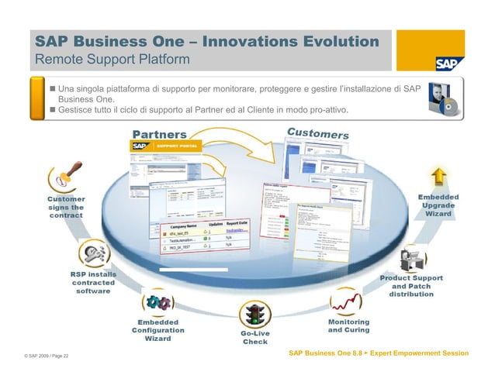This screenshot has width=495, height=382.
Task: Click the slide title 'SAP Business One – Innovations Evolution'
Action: point(206,41)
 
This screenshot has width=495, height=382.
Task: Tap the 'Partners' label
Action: point(160,134)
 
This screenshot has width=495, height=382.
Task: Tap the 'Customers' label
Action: point(317,133)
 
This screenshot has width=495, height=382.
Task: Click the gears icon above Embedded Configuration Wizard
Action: point(157,302)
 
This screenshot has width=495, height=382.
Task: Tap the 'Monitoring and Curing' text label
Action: point(348,325)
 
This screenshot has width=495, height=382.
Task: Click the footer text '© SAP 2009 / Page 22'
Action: point(47,356)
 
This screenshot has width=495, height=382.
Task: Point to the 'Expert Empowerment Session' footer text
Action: point(420,353)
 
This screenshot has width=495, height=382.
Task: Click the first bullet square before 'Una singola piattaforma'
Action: point(53,89)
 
